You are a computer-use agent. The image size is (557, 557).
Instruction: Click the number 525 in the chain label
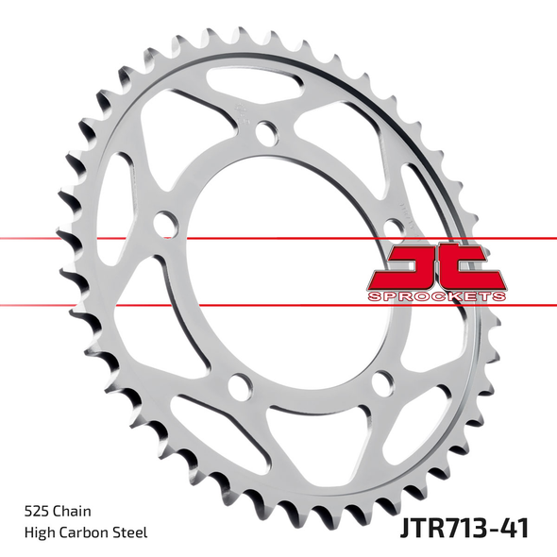coord(36,510)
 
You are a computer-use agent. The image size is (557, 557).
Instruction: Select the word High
coord(40,532)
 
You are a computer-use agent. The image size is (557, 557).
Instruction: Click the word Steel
coord(132,532)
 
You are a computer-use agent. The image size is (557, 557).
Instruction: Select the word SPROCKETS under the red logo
coord(434,296)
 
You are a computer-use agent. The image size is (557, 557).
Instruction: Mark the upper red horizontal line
coord(189,239)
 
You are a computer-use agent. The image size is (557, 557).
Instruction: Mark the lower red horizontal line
coord(189,306)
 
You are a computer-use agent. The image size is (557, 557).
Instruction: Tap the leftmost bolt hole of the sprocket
coord(166,226)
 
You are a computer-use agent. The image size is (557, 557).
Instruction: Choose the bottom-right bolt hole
coord(380,382)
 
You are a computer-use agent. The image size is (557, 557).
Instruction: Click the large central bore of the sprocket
coord(283,274)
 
